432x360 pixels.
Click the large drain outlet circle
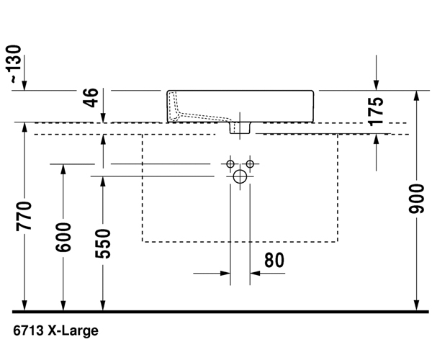(240, 175)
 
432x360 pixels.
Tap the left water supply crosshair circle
(230, 164)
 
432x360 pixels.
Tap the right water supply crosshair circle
(250, 164)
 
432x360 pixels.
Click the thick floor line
(216, 311)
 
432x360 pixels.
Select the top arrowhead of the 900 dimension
(416, 96)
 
